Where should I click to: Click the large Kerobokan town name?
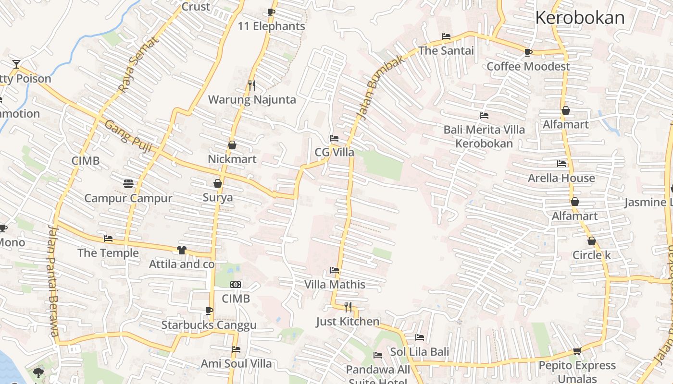click(579, 18)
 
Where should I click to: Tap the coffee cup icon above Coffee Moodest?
click(528, 52)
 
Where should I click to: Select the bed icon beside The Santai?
click(446, 36)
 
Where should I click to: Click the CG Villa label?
click(334, 152)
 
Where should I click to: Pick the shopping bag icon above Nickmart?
click(232, 145)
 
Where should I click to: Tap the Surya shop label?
click(218, 197)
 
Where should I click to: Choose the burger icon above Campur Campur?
click(128, 183)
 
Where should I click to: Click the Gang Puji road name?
click(128, 137)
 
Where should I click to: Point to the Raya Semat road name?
click(138, 65)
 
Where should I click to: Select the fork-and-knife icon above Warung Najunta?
click(252, 85)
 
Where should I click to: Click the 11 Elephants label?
click(272, 26)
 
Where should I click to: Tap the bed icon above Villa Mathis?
click(335, 270)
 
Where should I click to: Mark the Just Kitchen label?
click(348, 321)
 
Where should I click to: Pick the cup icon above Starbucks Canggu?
click(209, 311)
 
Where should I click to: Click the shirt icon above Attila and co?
click(181, 250)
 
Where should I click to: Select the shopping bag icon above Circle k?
click(591, 241)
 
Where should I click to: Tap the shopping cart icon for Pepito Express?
click(577, 351)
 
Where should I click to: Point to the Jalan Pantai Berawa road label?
click(53, 281)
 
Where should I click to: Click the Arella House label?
click(561, 178)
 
